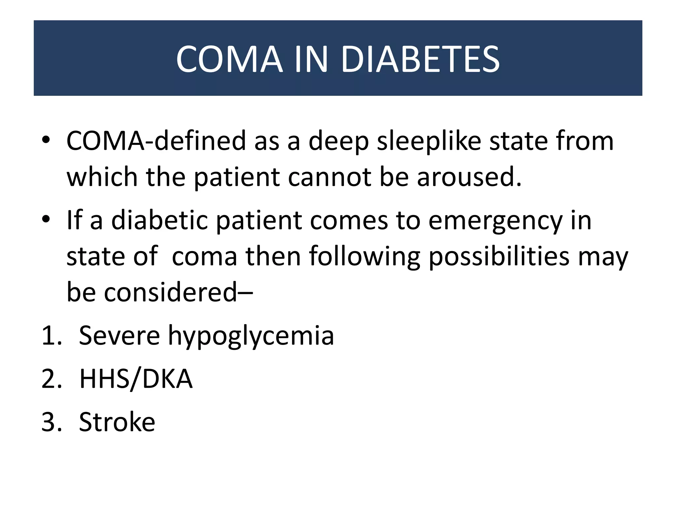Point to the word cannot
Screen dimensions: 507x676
click(330, 177)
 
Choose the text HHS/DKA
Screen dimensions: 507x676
click(136, 379)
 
